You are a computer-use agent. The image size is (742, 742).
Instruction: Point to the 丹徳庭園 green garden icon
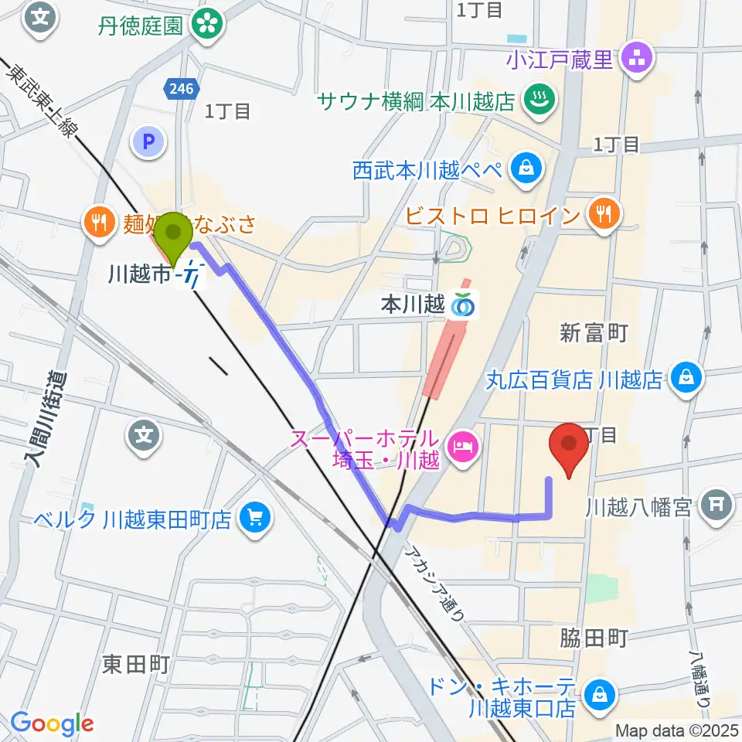pos(208,24)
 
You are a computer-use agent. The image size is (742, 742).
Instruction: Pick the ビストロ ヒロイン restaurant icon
pos(601,214)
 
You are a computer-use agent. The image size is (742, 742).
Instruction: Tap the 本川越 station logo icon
pos(463,307)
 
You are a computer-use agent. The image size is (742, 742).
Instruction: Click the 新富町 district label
pos(593,333)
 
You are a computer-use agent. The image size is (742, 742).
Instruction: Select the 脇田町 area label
pos(593,638)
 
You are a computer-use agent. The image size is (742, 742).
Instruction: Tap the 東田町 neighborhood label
pos(135,663)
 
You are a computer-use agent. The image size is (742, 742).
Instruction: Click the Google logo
pos(52,723)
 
